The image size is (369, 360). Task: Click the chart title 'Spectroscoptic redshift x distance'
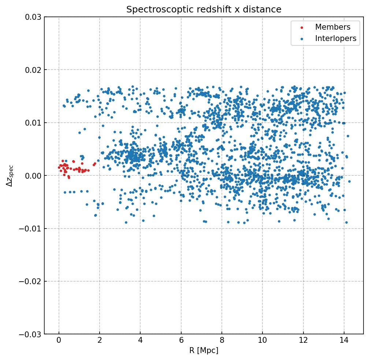click(204, 10)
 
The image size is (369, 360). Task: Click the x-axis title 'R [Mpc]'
click(204, 350)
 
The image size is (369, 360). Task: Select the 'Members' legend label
click(333, 27)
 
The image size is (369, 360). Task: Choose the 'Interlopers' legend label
click(336, 38)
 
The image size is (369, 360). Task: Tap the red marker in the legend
click(302, 27)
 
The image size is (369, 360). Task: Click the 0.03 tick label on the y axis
click(33, 17)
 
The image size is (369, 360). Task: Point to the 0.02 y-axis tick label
click(33, 70)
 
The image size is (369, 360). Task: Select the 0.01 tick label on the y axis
click(33, 123)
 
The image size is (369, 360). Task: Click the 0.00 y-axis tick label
click(33, 176)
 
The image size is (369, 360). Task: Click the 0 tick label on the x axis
click(59, 341)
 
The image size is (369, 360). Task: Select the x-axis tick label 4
click(140, 341)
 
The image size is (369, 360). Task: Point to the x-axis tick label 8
click(221, 341)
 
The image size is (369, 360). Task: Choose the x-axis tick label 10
click(262, 341)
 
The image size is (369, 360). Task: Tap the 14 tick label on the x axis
click(344, 341)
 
